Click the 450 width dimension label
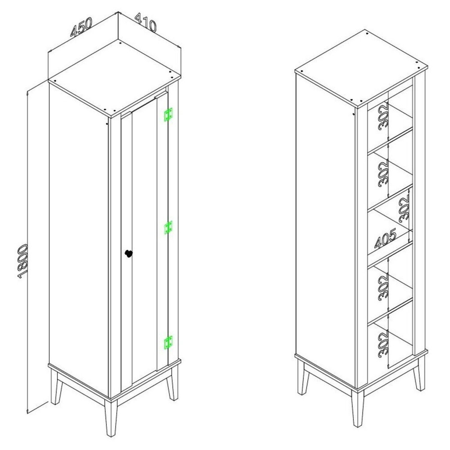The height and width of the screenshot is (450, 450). [81, 27]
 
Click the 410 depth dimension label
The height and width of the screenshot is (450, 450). [146, 22]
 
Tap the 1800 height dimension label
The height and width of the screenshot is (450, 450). [22, 261]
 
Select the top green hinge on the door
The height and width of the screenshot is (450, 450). [168, 115]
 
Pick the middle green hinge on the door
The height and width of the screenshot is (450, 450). [168, 228]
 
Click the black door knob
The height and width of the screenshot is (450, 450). [129, 254]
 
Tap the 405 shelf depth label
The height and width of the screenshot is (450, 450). [385, 238]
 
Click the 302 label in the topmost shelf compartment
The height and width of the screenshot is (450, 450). [383, 118]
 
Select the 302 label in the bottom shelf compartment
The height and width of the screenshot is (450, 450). [383, 345]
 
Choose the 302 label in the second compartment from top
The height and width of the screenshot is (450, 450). [383, 173]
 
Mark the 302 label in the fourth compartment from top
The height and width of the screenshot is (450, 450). [383, 287]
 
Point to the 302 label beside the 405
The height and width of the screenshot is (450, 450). [405, 208]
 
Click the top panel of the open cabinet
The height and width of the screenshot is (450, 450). [361, 69]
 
